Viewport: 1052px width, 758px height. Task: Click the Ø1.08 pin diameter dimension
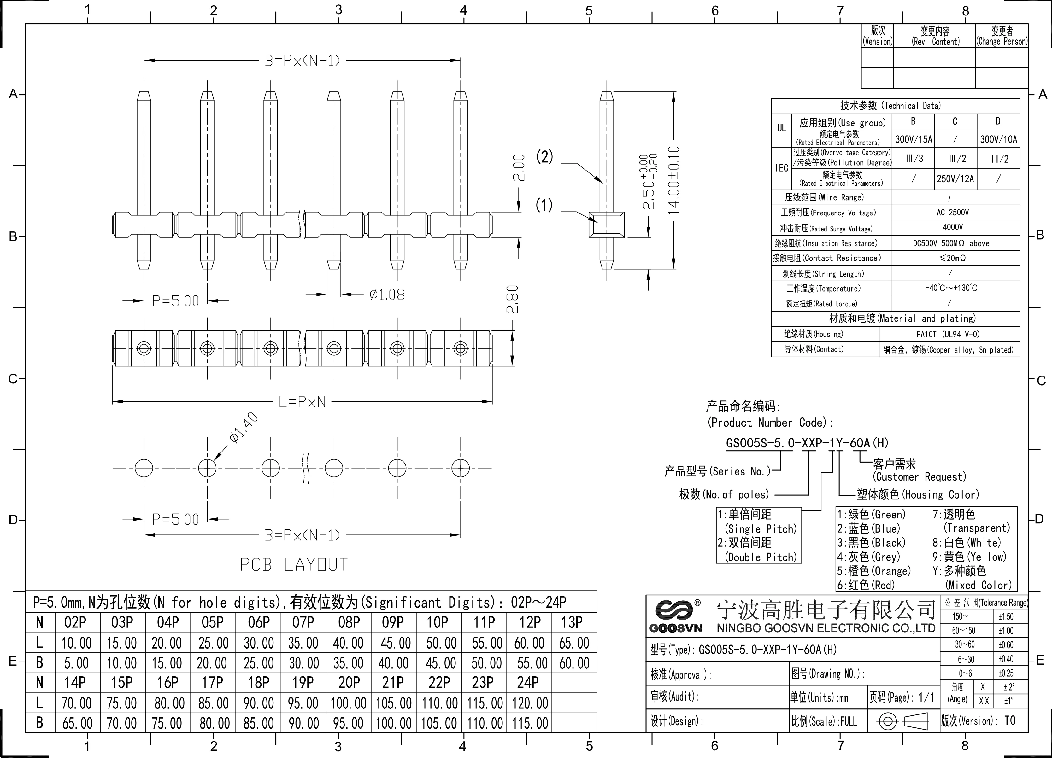(387, 295)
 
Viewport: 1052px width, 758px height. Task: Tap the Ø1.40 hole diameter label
(244, 428)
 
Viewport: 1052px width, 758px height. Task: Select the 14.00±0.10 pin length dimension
(673, 180)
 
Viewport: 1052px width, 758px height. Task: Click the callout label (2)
(544, 157)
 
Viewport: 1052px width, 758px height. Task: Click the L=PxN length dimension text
(302, 402)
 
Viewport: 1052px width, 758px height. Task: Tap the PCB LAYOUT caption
(294, 565)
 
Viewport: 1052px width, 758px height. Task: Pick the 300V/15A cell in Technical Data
(913, 139)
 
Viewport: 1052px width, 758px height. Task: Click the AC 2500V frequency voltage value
(952, 212)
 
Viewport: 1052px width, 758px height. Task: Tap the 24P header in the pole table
(528, 682)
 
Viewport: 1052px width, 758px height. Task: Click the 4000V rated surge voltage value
(952, 227)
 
